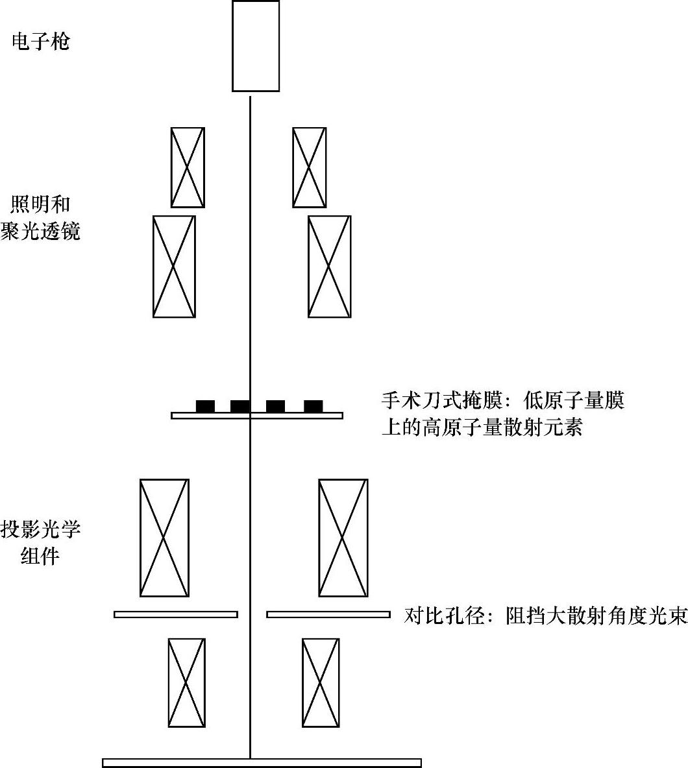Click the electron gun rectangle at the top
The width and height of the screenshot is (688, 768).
click(x=256, y=45)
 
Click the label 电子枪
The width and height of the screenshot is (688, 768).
click(x=40, y=42)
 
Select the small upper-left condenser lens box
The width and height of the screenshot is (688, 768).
click(x=188, y=167)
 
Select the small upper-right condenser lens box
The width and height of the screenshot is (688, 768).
click(x=309, y=167)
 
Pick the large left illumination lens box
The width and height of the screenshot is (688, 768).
click(x=174, y=267)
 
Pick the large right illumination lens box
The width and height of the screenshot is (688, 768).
click(x=329, y=267)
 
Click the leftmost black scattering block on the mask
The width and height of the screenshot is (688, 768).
click(x=205, y=406)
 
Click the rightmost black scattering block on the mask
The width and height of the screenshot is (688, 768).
click(x=313, y=406)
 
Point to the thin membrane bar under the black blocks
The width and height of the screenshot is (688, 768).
click(x=257, y=415)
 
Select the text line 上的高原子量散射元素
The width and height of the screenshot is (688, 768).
click(x=481, y=427)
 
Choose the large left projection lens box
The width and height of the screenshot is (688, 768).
click(x=164, y=538)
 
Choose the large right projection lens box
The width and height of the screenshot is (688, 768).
click(x=343, y=538)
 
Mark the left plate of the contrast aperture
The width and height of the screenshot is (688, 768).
click(x=175, y=614)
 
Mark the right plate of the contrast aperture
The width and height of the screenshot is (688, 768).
click(x=328, y=614)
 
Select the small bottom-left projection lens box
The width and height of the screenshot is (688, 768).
click(x=187, y=682)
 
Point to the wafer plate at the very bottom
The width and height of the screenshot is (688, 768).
click(x=262, y=763)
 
